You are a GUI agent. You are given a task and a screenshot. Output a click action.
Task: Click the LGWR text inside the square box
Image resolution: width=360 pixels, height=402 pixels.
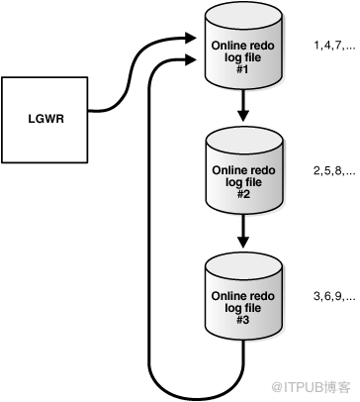point(45,119)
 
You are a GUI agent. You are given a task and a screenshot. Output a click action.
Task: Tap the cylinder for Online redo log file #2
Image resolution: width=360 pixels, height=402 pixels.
point(244,170)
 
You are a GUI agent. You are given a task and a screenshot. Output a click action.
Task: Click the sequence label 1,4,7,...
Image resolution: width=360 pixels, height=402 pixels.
point(334,47)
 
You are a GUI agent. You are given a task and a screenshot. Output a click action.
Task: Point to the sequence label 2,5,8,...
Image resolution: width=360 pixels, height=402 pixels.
point(334,171)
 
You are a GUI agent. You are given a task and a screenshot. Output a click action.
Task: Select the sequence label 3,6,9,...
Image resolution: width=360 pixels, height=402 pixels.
point(334,297)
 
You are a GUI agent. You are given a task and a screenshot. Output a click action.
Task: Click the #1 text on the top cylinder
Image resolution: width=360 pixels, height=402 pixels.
point(243,70)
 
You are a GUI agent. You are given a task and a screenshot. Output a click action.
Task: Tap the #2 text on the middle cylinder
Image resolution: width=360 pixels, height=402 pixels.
point(244,195)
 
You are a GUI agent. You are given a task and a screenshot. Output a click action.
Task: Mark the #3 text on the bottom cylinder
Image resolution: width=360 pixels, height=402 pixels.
point(243,320)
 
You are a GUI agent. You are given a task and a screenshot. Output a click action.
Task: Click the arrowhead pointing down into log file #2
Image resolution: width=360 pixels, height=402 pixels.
point(243,116)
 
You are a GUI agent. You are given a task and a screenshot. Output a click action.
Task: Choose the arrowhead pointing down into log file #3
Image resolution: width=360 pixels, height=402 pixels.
point(243,242)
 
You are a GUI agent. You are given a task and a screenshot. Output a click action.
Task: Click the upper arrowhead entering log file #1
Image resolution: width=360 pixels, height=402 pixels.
point(191,38)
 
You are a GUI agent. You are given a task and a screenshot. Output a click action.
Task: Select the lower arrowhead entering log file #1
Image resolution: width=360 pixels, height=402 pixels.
point(191,59)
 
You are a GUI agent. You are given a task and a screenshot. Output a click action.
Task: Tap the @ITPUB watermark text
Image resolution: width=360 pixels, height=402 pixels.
point(311,387)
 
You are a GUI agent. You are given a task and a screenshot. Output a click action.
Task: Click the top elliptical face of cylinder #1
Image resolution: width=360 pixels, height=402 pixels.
point(243,15)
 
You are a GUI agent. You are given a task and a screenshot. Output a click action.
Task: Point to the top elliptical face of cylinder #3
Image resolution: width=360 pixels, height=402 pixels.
point(243,265)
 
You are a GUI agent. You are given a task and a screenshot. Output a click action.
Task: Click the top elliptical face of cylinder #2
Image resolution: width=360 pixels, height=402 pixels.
point(244,141)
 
